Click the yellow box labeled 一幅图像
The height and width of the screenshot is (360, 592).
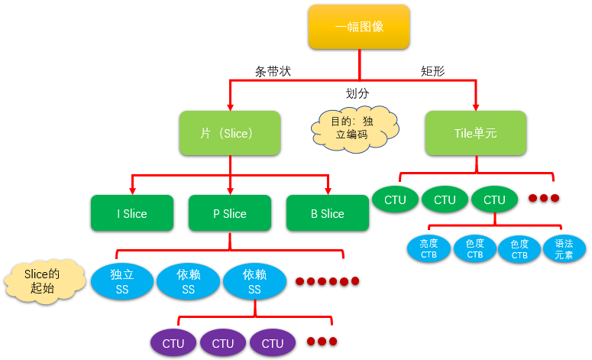tap(359, 28)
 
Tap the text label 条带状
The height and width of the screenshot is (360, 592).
tap(272, 71)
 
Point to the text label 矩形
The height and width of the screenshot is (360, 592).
tap(432, 71)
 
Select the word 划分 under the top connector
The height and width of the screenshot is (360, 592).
tap(357, 93)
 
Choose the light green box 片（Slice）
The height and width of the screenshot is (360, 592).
tap(230, 133)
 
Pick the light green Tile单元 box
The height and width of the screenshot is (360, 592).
tap(475, 133)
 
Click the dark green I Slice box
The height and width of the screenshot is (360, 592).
tap(131, 213)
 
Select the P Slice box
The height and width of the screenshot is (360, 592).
tap(229, 213)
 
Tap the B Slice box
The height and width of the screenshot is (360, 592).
tap(327, 213)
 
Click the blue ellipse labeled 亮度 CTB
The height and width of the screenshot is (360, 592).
tap(429, 249)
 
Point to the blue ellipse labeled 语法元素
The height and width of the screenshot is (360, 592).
tap(565, 249)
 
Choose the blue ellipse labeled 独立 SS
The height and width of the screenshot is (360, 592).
tap(122, 281)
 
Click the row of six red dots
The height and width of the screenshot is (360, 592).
tap(327, 281)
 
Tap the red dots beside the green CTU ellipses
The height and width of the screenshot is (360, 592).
tap(544, 198)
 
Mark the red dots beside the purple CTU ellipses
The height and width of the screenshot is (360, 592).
tap(322, 341)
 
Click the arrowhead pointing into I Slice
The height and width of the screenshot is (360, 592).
tap(132, 190)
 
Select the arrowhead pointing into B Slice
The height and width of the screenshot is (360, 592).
tap(328, 190)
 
